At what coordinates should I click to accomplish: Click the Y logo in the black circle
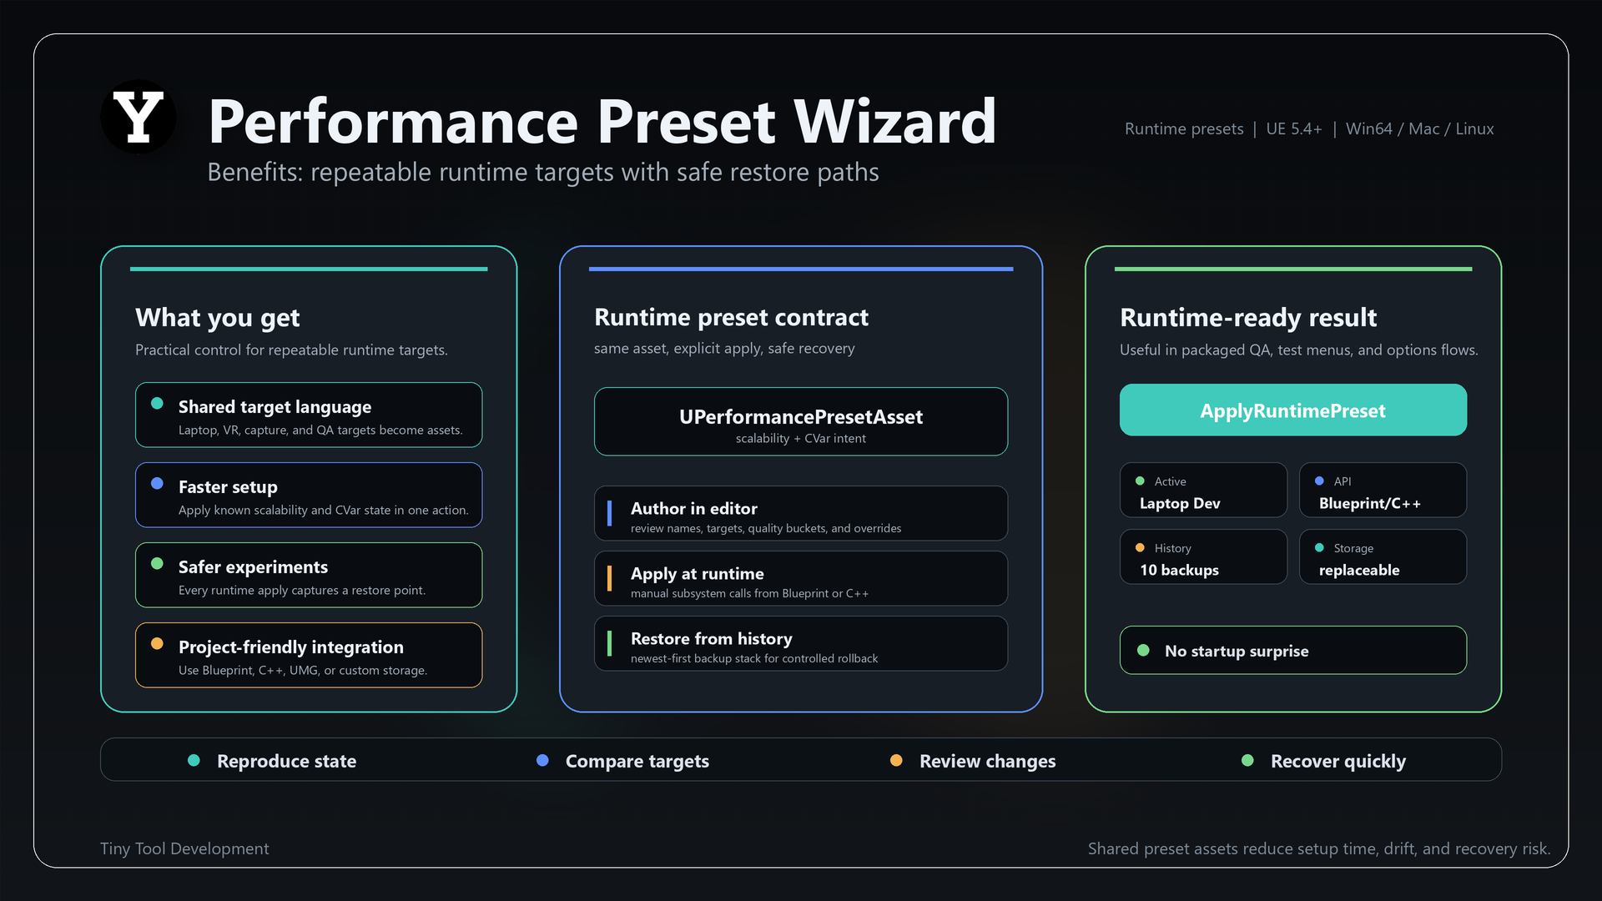(139, 117)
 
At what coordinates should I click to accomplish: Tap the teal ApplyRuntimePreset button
(1292, 410)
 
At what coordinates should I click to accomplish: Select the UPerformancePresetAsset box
(801, 421)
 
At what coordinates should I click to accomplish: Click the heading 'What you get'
(217, 318)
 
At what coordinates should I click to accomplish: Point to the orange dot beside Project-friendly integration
(157, 643)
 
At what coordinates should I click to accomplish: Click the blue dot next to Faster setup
(157, 483)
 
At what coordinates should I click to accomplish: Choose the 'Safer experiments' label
(253, 567)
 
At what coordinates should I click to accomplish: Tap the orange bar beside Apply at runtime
(609, 578)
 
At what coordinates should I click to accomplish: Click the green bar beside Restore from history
(609, 643)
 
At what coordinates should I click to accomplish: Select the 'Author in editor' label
(693, 509)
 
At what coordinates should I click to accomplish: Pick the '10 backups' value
(1179, 570)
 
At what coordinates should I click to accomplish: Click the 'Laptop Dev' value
(1180, 503)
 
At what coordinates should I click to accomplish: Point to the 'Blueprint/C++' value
(1369, 503)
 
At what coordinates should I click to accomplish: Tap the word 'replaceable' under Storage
(1359, 570)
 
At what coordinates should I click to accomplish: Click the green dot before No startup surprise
(1143, 650)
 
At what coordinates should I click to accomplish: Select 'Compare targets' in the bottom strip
(637, 761)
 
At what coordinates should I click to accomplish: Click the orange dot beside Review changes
(896, 760)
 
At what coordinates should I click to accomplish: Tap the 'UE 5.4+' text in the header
(1293, 128)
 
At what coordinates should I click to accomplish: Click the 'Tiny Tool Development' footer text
(184, 848)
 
